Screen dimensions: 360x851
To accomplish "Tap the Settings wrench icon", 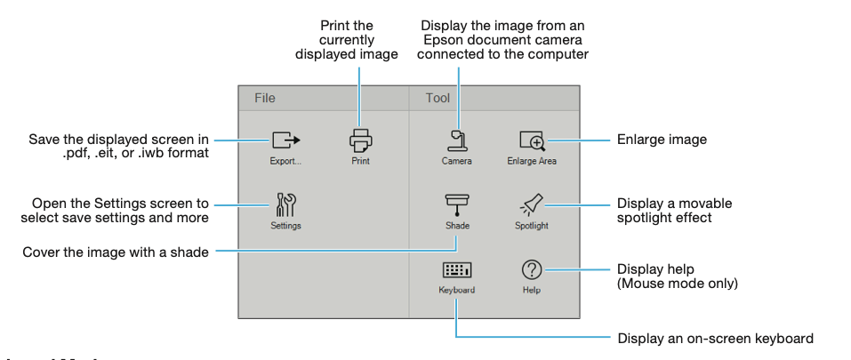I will (285, 205).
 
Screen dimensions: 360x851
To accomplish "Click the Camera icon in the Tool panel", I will (457, 140).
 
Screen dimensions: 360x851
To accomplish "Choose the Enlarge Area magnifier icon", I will (532, 140).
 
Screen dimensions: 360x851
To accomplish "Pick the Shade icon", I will (457, 205).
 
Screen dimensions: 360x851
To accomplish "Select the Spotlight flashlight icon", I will (532, 205).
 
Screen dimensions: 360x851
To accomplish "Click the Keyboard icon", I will (457, 270).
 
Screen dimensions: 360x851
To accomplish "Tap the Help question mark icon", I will (532, 269).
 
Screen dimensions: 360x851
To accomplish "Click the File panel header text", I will (265, 99).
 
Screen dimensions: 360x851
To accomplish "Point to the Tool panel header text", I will (438, 99).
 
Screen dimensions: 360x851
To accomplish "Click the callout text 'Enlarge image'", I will (662, 140).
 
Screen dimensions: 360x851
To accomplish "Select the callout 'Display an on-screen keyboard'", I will (715, 339).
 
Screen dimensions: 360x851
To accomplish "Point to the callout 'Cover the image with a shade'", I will (116, 252).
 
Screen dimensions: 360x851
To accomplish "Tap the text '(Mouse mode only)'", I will (677, 284).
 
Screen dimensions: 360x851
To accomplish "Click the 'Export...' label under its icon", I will (285, 162).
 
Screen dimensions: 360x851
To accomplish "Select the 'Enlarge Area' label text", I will (532, 162).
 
